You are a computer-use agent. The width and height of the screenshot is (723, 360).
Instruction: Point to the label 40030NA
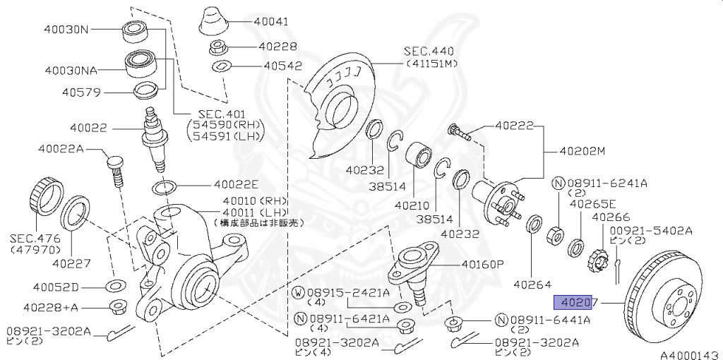(71, 71)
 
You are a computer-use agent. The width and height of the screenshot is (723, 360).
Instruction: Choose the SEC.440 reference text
(429, 52)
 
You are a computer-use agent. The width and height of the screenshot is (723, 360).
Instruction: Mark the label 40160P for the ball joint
(483, 265)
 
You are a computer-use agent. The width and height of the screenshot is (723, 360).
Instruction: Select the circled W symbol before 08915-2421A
(299, 292)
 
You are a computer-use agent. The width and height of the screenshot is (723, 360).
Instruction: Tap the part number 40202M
(582, 150)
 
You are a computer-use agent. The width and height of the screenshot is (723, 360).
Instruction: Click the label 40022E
(238, 186)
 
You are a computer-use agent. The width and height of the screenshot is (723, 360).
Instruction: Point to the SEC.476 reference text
(35, 239)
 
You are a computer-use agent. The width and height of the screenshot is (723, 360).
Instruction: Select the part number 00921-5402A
(651, 230)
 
